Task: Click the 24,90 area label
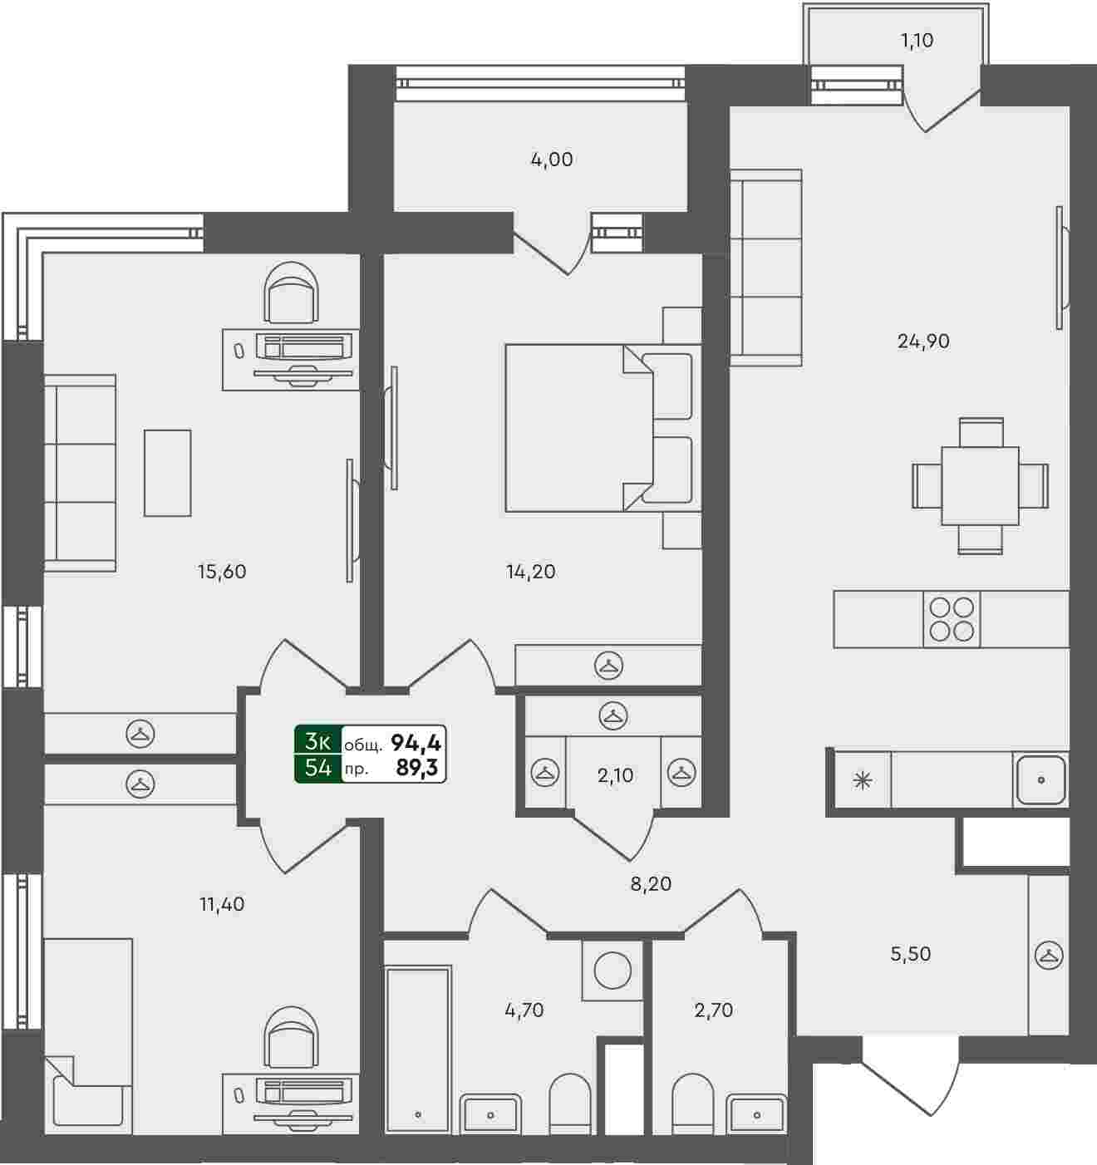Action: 923,341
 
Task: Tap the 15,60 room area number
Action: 222,572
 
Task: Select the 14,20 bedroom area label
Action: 530,572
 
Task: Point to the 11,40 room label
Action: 222,904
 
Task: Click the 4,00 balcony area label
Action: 552,160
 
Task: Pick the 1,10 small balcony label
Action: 917,40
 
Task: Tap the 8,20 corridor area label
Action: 651,884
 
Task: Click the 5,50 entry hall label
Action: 911,954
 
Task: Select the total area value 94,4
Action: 416,742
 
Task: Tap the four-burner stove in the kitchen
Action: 952,619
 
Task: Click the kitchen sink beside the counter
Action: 1040,780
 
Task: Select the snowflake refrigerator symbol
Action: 863,780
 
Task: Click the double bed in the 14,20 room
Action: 582,427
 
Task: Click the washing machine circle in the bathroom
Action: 612,971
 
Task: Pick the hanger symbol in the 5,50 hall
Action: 1048,956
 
